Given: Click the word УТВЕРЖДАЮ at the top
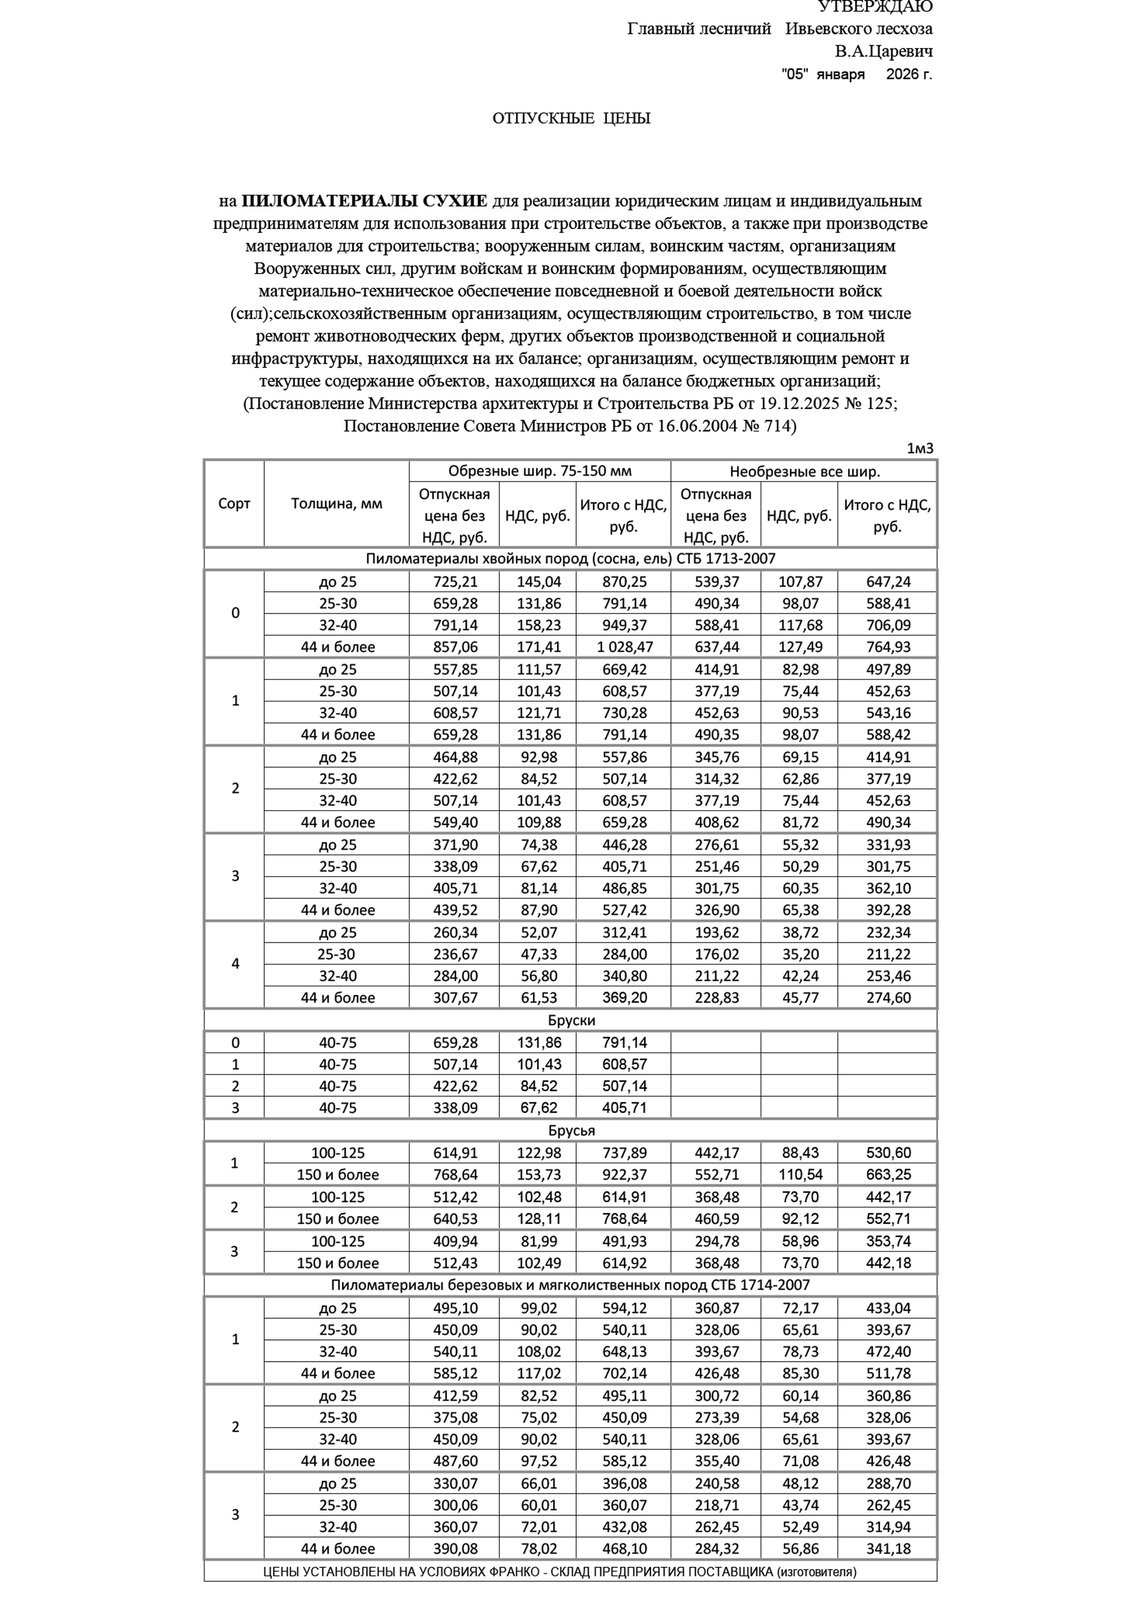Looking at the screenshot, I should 875,7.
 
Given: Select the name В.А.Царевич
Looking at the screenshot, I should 884,52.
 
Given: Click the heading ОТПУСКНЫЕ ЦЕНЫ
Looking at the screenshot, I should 571,118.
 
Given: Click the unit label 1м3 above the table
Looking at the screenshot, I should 920,449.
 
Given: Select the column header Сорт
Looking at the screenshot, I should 234,504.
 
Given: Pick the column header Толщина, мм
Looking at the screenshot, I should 337,504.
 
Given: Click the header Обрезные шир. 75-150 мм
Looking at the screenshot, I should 539,471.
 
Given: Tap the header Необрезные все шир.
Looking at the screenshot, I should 804,471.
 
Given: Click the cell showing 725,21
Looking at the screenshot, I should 455,582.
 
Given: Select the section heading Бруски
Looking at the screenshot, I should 571,1020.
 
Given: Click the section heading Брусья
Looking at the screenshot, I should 571,1130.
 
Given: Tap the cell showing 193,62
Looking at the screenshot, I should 716,933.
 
